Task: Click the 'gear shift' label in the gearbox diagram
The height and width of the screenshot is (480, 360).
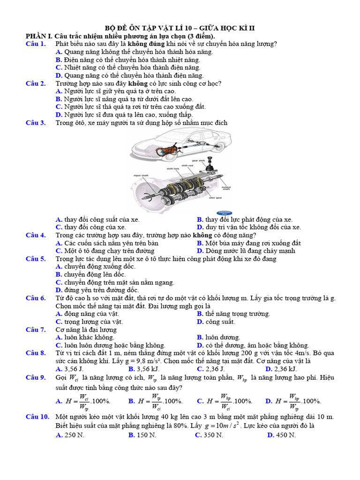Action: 198,161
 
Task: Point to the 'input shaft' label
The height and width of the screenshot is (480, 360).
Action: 141,175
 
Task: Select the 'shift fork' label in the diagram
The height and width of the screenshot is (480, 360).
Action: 173,168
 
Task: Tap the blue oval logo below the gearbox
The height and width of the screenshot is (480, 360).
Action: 224,213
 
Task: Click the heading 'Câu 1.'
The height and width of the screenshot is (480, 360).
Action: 36,44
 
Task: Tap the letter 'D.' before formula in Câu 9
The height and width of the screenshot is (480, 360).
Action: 269,401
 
